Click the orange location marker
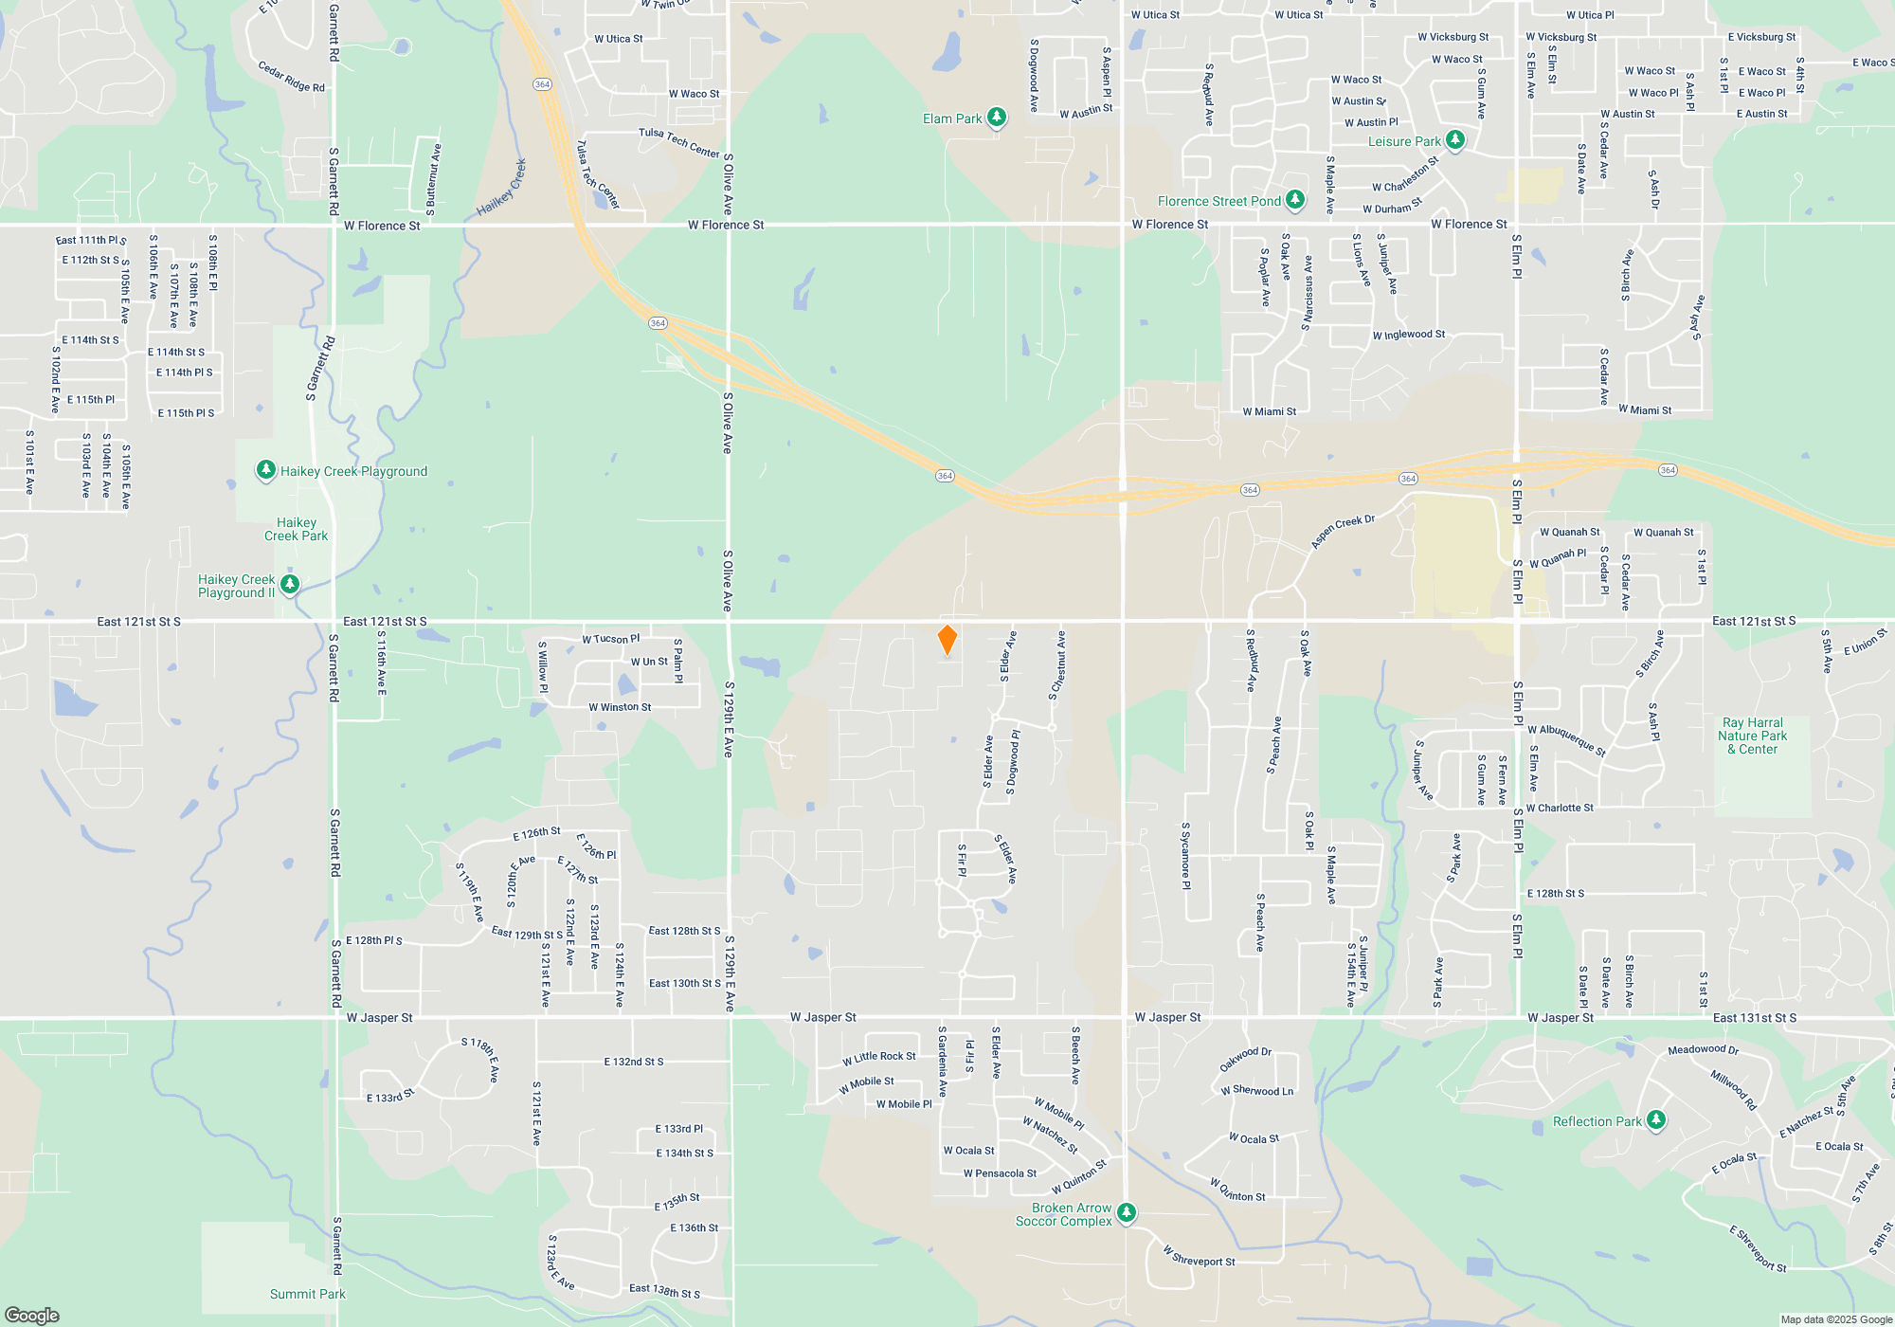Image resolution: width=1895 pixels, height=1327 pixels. pyautogui.click(x=947, y=640)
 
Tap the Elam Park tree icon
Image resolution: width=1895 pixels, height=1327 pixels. pyautogui.click(x=996, y=118)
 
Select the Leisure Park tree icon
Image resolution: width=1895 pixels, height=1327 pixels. pyautogui.click(x=1455, y=140)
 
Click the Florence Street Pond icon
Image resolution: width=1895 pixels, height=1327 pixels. pyautogui.click(x=1294, y=200)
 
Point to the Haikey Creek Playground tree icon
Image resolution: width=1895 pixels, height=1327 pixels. pyautogui.click(x=266, y=470)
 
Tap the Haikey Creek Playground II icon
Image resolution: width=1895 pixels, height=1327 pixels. pyautogui.click(x=291, y=585)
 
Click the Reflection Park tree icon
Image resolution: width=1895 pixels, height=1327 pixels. pyautogui.click(x=1655, y=1120)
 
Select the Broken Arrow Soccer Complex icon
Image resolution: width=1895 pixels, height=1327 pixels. pyautogui.click(x=1126, y=1213)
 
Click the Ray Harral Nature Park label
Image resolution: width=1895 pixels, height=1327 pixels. pyautogui.click(x=1752, y=736)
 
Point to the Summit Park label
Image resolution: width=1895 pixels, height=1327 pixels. pyautogui.click(x=307, y=1294)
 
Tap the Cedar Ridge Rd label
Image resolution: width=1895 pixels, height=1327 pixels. pyautogui.click(x=291, y=77)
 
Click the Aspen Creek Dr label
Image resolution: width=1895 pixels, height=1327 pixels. pyautogui.click(x=1342, y=532)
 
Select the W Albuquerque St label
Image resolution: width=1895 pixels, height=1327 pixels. pyautogui.click(x=1566, y=739)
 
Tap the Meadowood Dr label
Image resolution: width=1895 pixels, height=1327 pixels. pyautogui.click(x=1703, y=1049)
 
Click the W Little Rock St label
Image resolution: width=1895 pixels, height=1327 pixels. pyautogui.click(x=878, y=1058)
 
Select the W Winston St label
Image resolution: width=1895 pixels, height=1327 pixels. pyautogui.click(x=619, y=707)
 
